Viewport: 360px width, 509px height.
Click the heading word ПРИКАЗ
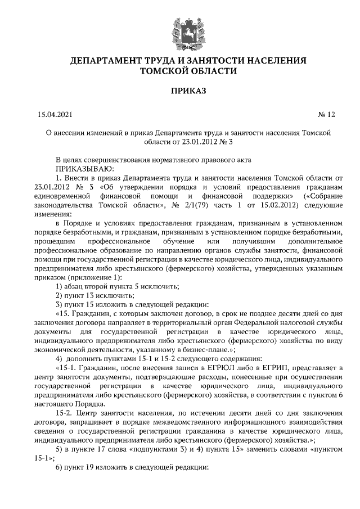[180, 90]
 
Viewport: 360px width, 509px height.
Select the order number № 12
[326, 115]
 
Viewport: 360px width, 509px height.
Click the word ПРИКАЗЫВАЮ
[84, 168]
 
